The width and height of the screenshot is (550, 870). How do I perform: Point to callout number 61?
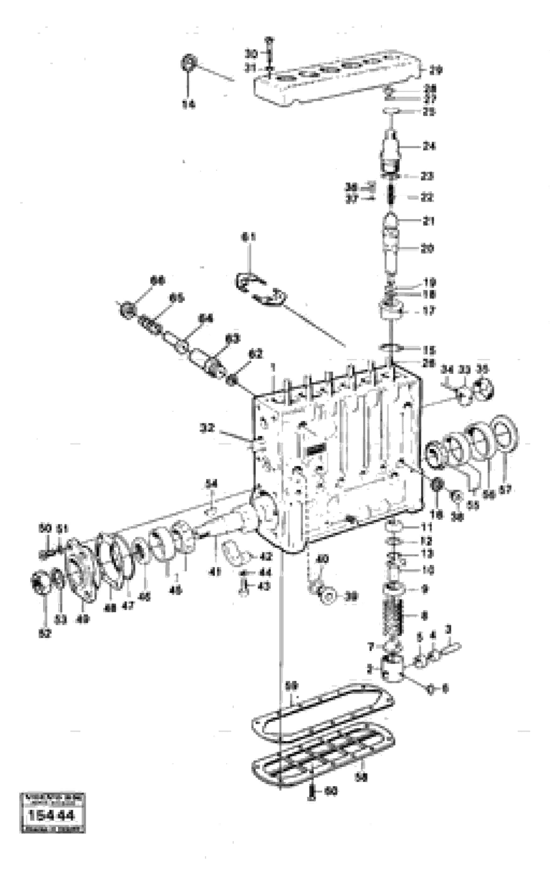tap(248, 237)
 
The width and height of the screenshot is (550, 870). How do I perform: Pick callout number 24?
tap(429, 146)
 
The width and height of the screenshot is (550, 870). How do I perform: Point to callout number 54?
tap(211, 483)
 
